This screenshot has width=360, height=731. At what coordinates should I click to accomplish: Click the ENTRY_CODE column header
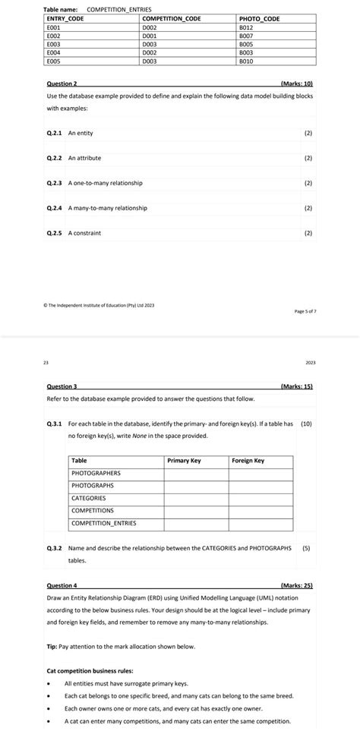click(65, 18)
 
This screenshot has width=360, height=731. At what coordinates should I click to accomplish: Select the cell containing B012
click(245, 27)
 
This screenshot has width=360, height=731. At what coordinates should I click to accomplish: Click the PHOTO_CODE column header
click(259, 18)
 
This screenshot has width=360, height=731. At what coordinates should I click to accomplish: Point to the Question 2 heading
click(62, 83)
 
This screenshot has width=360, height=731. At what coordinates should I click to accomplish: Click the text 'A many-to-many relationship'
click(107, 208)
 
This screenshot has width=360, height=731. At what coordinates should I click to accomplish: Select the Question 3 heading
click(62, 386)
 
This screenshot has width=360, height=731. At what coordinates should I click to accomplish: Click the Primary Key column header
click(183, 461)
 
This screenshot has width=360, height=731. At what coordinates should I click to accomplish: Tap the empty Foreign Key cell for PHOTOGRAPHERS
click(261, 473)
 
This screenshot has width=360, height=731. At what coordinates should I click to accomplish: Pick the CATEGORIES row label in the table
click(88, 498)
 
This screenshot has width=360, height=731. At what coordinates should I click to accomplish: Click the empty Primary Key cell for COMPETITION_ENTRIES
click(195, 523)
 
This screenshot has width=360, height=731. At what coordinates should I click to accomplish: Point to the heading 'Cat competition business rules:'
click(90, 671)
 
